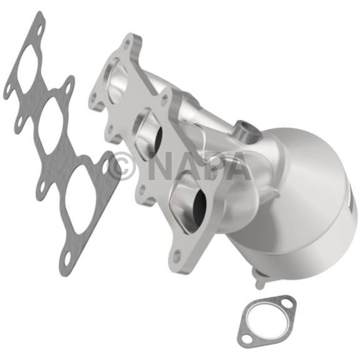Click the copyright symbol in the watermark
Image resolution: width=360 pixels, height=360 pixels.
click(x=121, y=166)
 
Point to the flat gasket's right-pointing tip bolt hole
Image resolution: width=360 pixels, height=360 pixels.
click(x=106, y=167)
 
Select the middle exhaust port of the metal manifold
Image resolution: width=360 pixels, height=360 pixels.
click(x=150, y=131)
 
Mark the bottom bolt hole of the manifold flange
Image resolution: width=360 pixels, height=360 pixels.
click(x=177, y=254)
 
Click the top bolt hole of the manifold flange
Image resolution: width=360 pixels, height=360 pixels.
click(x=126, y=44)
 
